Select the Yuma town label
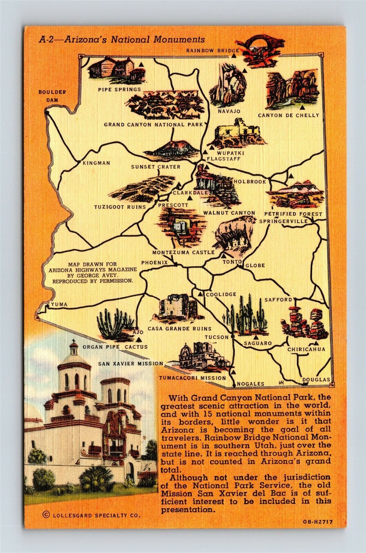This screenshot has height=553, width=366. [x=58, y=304]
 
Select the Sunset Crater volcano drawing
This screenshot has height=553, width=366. [x=171, y=149]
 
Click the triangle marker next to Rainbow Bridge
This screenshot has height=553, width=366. [x=235, y=50]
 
